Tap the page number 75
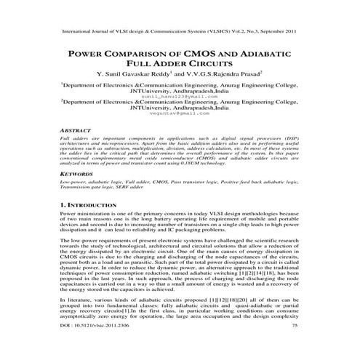click(294, 348)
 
